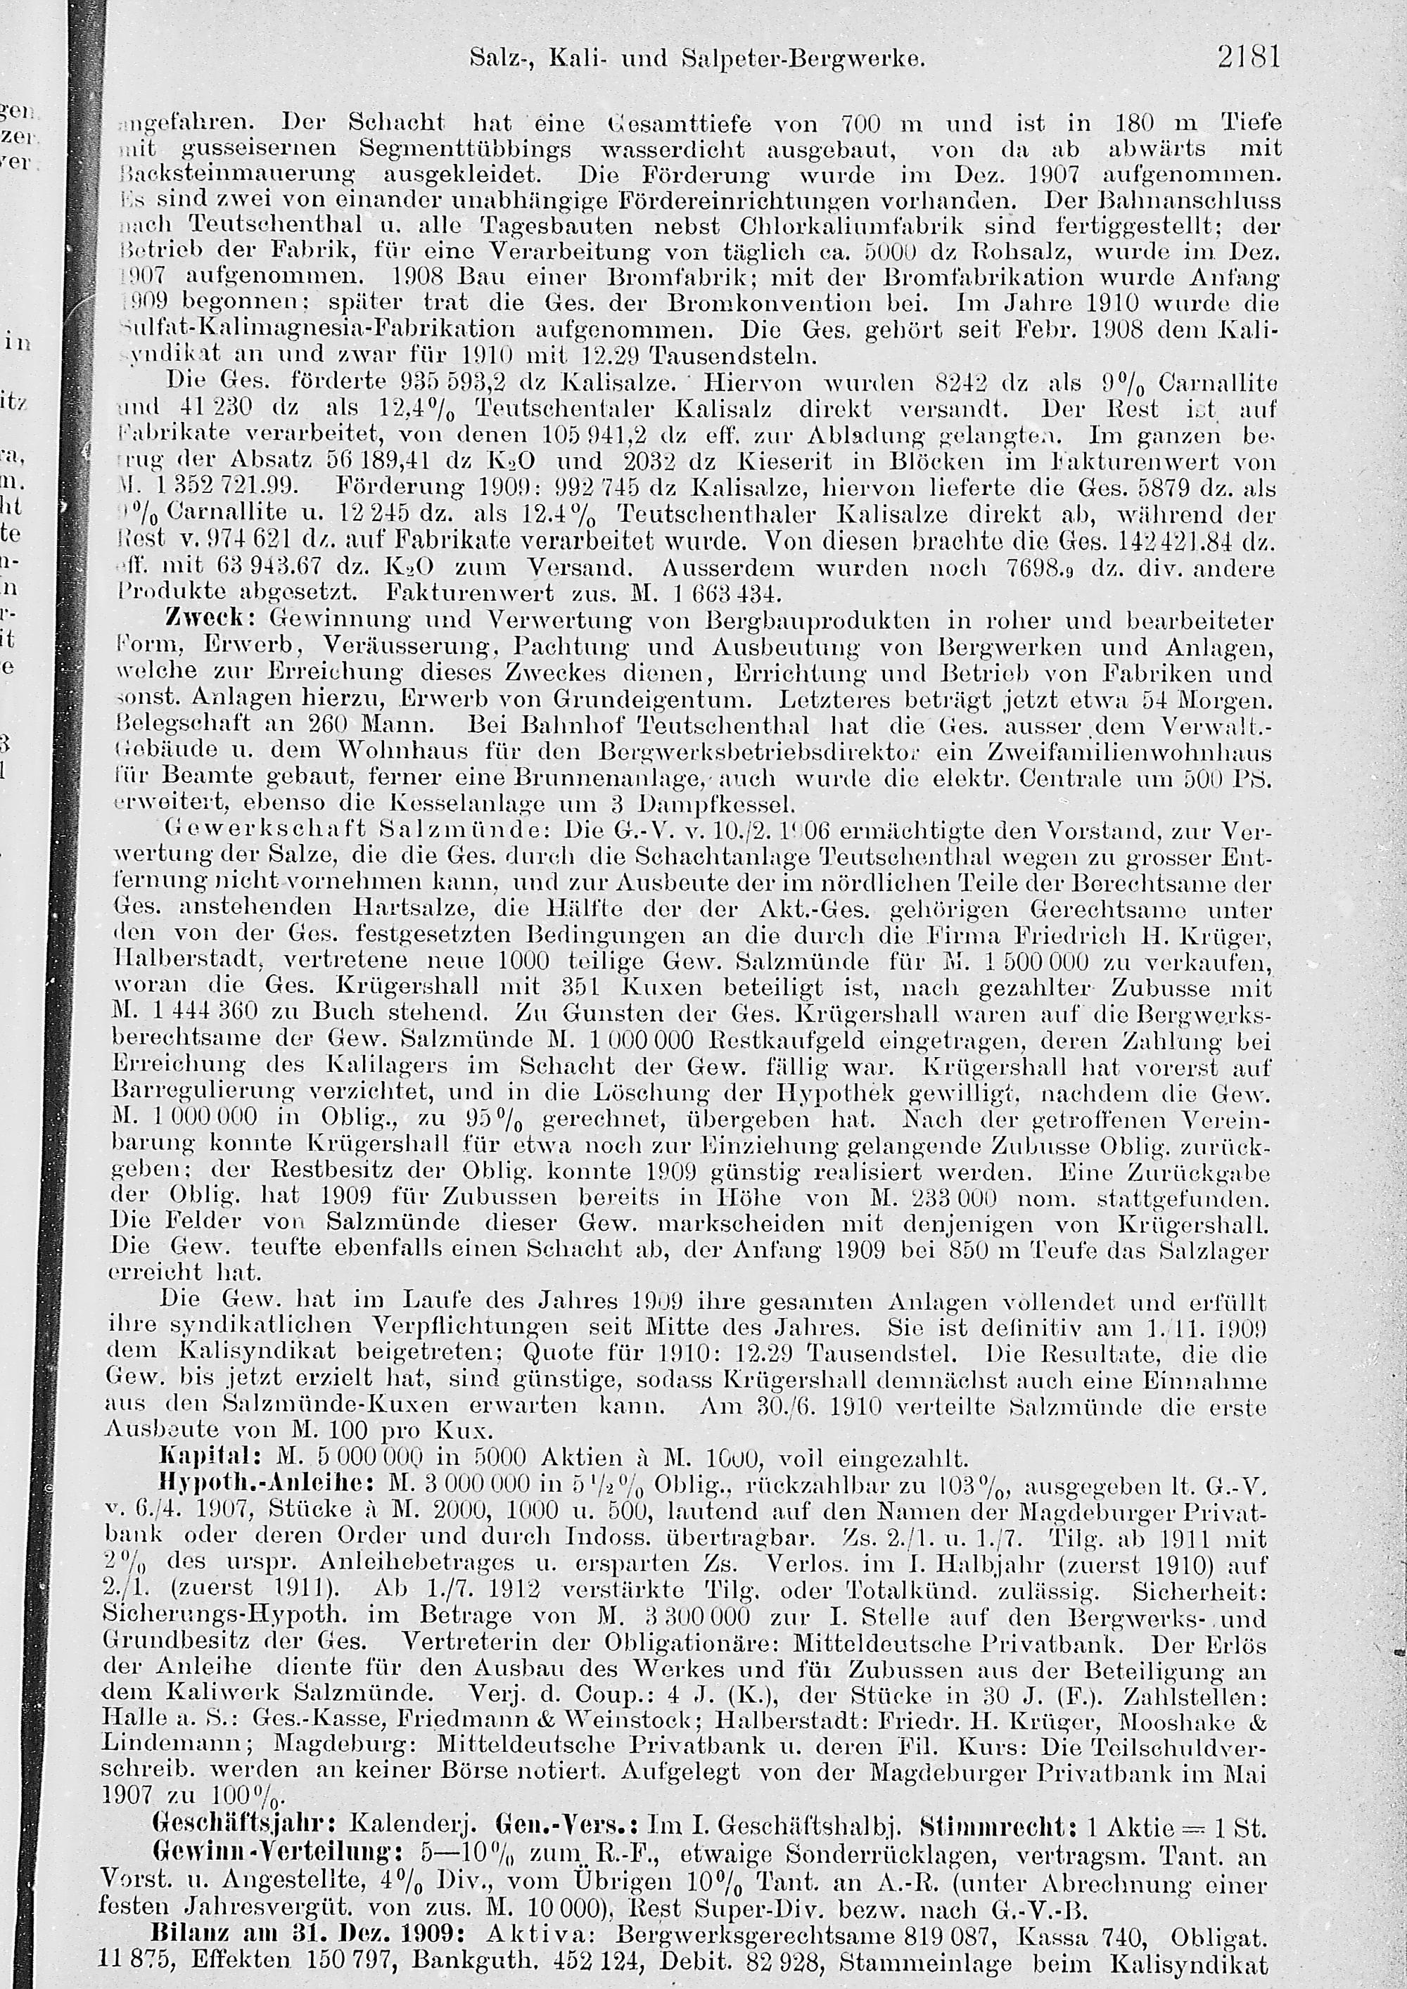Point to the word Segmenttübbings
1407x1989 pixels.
[x=465, y=149]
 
